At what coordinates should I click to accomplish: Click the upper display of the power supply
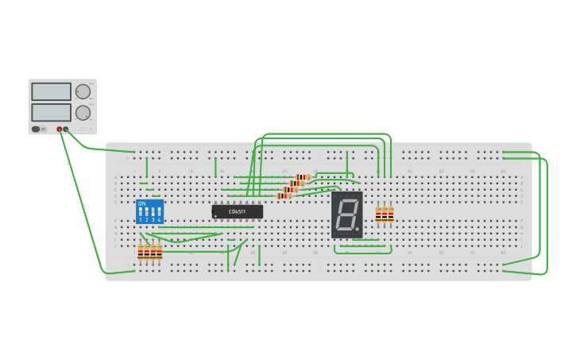coord(51,91)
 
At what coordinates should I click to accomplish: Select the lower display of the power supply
coord(51,112)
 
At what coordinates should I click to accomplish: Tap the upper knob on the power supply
coord(83,91)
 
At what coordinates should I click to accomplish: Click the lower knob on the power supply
coord(83,113)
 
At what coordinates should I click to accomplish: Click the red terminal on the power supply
coord(59,129)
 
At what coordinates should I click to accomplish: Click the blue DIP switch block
coord(149,211)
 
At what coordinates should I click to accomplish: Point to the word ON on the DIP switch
coord(141,203)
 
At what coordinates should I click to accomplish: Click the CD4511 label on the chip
coord(238,211)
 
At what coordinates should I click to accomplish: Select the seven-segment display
coord(347,215)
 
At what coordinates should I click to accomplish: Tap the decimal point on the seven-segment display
coord(357,229)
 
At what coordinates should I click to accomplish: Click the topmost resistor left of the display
coord(302,177)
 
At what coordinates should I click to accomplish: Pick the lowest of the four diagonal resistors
coord(284,195)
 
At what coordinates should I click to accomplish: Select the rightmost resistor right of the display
coord(391,214)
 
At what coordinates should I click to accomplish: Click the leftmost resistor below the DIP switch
coord(141,253)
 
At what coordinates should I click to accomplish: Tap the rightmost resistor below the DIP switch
coord(159,253)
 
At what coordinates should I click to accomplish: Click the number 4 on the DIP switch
coord(159,219)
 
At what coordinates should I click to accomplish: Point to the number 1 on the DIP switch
coord(141,219)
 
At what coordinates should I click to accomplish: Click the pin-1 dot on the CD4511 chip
coord(216,215)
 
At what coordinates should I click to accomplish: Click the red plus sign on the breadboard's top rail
coord(127,157)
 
